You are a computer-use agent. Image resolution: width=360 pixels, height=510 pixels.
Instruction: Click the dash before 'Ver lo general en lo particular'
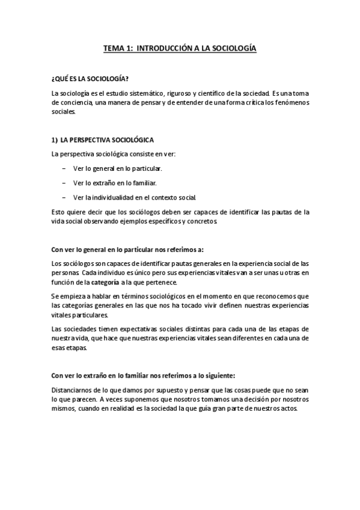(64, 168)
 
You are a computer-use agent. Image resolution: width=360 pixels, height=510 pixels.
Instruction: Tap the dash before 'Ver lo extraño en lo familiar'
(64, 183)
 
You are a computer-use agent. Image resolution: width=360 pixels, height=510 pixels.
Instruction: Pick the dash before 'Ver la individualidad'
(64, 197)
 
